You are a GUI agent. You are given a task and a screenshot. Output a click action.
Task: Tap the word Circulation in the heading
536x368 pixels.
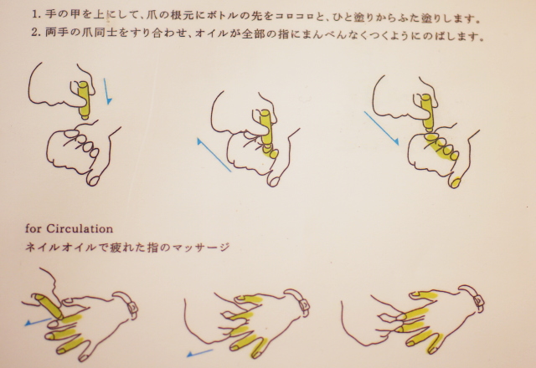click(82, 227)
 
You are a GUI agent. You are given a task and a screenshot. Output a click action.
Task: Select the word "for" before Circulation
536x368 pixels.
click(34, 227)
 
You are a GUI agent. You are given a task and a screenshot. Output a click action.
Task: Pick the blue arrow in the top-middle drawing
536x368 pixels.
click(214, 155)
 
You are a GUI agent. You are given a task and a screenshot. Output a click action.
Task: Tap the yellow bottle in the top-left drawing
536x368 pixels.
click(85, 99)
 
